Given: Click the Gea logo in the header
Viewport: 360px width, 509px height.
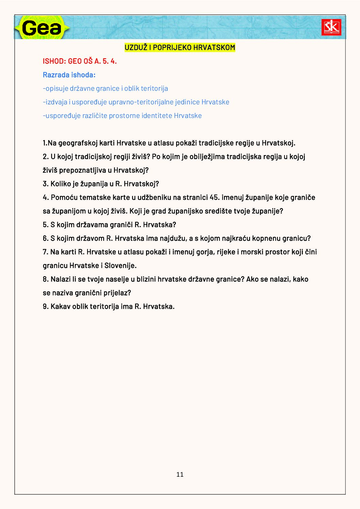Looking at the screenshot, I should [x=42, y=28].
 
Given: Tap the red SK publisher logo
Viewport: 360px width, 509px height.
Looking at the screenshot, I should [x=331, y=27].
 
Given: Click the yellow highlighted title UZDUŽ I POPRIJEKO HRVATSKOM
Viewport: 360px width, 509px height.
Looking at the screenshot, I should [x=180, y=48].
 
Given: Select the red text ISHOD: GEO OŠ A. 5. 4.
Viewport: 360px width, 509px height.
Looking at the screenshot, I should [x=80, y=61].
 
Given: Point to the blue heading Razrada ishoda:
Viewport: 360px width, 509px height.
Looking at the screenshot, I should [x=69, y=75].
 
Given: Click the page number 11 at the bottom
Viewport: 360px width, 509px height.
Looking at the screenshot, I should [x=180, y=474].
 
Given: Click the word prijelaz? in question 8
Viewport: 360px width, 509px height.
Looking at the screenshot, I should [x=117, y=293].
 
